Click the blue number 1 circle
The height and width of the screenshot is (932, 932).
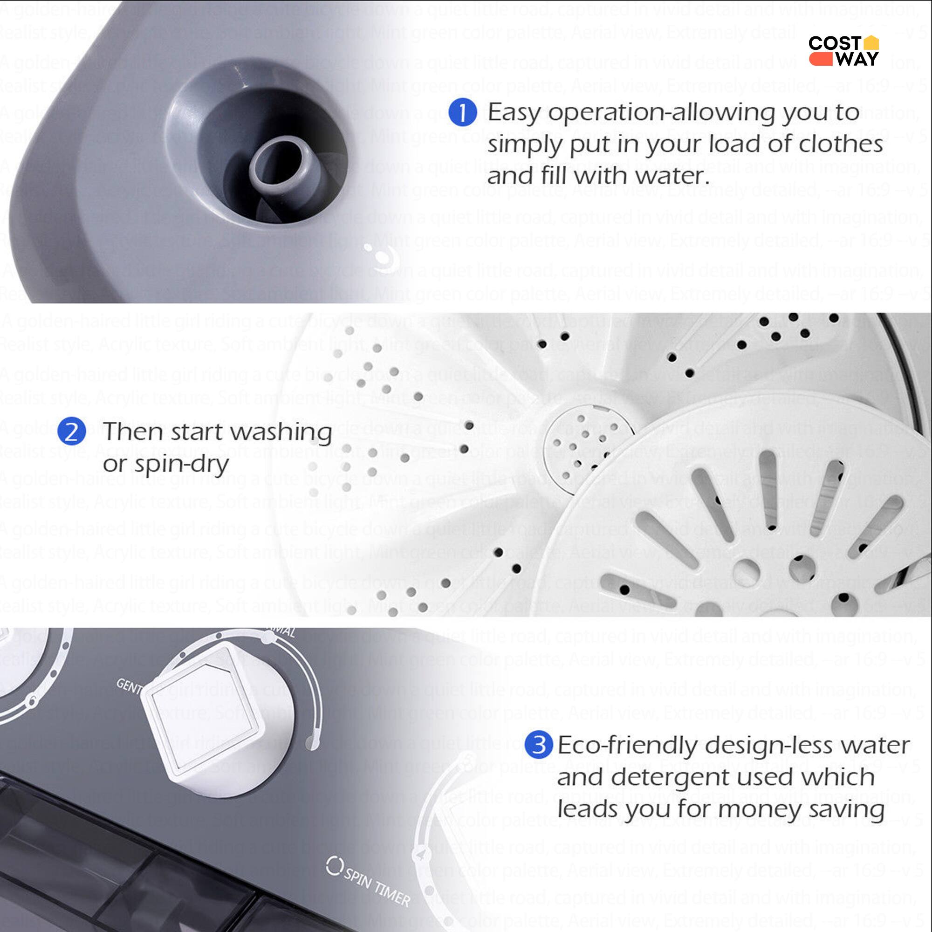click(x=462, y=112)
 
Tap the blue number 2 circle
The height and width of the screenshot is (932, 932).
click(x=71, y=432)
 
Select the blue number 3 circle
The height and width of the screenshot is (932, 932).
click(x=538, y=745)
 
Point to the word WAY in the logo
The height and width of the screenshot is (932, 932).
click(x=857, y=59)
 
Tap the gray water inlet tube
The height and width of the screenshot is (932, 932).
click(x=276, y=163)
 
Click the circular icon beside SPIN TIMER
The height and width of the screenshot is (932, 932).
click(x=333, y=866)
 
